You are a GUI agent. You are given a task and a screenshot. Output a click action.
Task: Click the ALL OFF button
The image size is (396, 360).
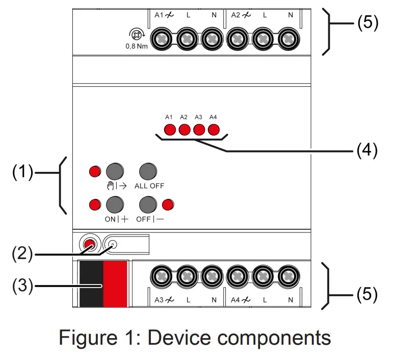click(x=148, y=171)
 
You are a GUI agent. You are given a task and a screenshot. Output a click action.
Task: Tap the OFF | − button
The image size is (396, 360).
click(x=148, y=204)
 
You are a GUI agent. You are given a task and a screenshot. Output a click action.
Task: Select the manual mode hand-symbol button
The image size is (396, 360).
click(x=115, y=171)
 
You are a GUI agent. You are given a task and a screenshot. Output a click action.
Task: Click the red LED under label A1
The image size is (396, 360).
click(x=170, y=130)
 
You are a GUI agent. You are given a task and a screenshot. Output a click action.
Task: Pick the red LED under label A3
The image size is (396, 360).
click(x=199, y=130)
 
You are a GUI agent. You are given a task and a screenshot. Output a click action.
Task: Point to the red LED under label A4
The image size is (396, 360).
click(x=214, y=130)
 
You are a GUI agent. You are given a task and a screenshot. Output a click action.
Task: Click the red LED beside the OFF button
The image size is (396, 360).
click(x=168, y=204)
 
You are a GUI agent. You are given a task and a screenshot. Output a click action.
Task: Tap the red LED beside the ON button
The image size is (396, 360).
click(x=95, y=204)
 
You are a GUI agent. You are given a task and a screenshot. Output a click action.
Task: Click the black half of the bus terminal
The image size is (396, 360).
click(x=91, y=284)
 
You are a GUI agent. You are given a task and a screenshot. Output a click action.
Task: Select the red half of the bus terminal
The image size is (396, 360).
click(x=115, y=284)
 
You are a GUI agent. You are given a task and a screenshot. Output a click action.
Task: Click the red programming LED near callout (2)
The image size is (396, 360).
click(x=90, y=245)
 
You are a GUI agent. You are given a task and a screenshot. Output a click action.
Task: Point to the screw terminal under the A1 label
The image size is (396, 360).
click(x=162, y=39)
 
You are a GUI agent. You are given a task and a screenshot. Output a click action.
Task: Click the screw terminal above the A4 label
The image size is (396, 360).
click(x=237, y=276)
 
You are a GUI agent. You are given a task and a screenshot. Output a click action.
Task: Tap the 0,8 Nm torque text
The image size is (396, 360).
click(x=137, y=46)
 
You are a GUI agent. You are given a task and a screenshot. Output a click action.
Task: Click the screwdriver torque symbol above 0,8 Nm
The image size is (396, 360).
click(x=137, y=35)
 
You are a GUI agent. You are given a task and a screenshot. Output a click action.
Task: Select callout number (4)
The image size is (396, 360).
click(x=367, y=150)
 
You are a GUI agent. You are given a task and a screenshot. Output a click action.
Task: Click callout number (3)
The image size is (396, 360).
click(x=23, y=286)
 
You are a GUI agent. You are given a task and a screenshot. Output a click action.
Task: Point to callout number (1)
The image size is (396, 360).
click(x=23, y=172)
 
